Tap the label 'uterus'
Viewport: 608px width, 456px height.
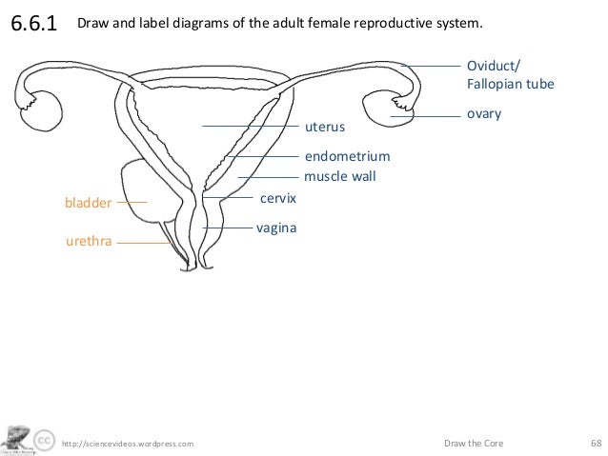[x=324, y=126]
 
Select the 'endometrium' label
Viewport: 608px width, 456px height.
[x=347, y=156]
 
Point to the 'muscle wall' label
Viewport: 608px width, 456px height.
[x=340, y=176]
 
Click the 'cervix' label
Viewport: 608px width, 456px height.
[x=279, y=198]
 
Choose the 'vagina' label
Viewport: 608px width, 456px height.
[x=276, y=228]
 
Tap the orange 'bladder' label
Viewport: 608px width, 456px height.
[x=88, y=203]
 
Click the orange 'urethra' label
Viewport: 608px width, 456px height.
[x=89, y=243]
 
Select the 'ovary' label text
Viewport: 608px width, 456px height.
[x=483, y=114]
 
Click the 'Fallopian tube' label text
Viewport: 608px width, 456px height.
[x=509, y=84]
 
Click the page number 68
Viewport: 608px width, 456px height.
[x=596, y=443]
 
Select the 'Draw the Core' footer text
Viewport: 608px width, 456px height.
[x=475, y=443]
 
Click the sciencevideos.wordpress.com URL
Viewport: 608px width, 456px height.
[x=127, y=444]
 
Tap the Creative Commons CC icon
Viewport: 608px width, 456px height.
[x=43, y=441]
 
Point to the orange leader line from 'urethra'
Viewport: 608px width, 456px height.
[x=143, y=243]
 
